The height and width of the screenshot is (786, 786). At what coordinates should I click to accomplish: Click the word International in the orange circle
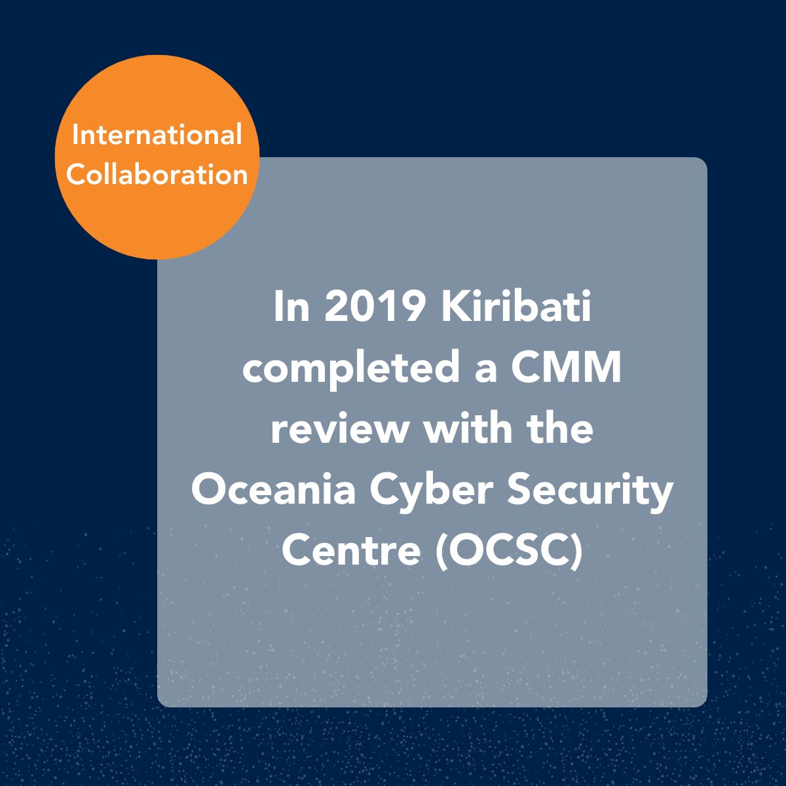(157, 136)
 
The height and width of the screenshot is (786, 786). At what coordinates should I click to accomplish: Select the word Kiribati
(516, 308)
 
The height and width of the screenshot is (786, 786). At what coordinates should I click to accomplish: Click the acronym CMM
(566, 369)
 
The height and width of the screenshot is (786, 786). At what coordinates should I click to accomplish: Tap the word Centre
(350, 550)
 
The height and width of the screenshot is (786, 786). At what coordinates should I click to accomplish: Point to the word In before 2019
(291, 308)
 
